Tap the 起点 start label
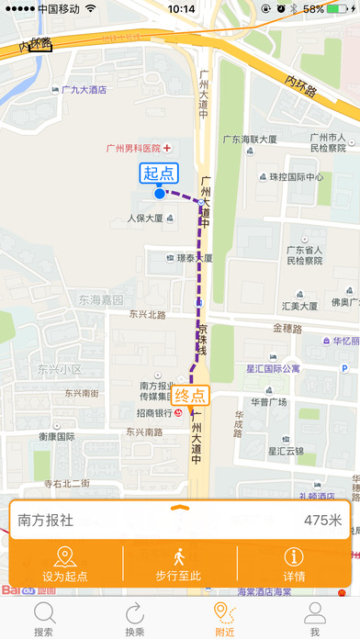pos(159,172)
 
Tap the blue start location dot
pos(160,193)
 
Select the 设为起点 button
pos(64,565)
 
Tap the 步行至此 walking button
pos(180,565)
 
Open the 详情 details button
pos(295,565)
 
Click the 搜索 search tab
pos(43,619)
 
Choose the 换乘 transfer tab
pos(135,619)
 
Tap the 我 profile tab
pos(314,619)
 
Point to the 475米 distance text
pos(322,521)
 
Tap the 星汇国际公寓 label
pos(287,369)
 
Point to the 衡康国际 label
pos(56,437)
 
